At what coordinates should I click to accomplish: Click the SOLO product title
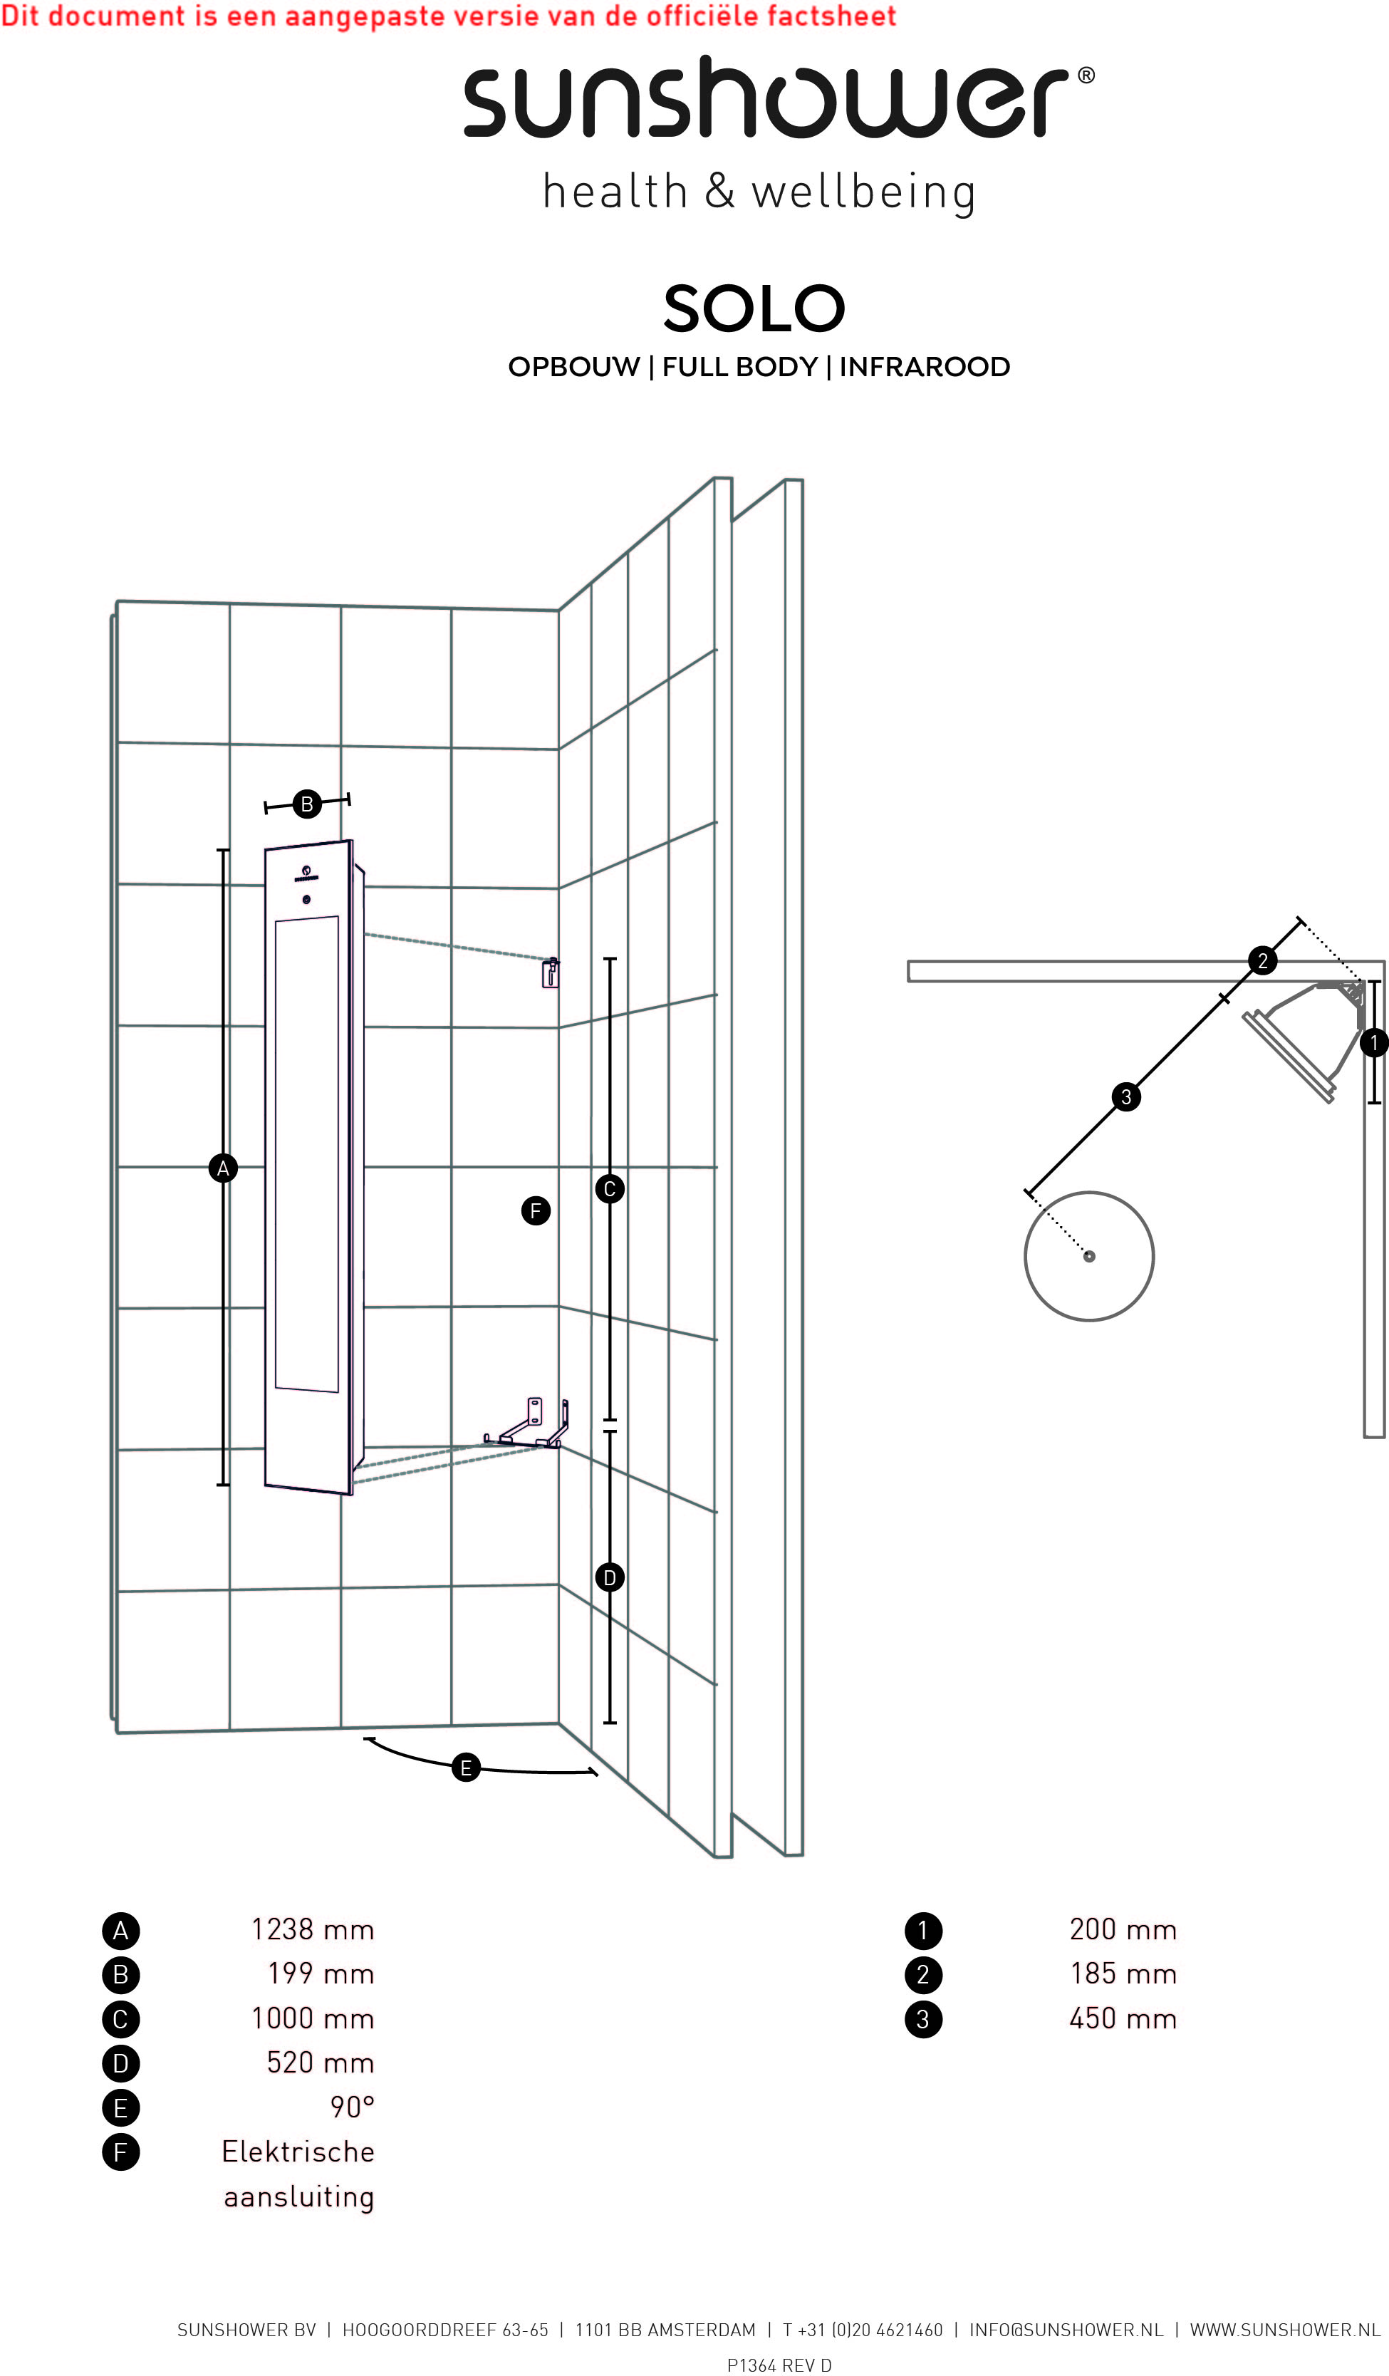(754, 308)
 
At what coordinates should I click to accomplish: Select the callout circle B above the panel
(306, 804)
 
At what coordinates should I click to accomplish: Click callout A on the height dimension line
(222, 1169)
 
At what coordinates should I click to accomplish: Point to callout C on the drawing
(610, 1189)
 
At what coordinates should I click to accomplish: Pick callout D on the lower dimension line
(610, 1577)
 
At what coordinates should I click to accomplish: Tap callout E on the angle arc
(466, 1768)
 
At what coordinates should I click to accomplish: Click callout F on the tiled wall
(536, 1210)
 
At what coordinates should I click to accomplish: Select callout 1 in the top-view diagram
(1374, 1043)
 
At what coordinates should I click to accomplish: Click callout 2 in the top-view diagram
(1263, 961)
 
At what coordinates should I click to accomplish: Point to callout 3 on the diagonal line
(1126, 1096)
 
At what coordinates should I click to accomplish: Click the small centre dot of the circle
(1089, 1256)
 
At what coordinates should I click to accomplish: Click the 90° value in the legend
(353, 2107)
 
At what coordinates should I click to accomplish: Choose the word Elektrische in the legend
(298, 2151)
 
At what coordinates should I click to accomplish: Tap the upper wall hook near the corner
(550, 972)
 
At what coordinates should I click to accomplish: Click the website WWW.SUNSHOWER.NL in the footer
(1285, 2330)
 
